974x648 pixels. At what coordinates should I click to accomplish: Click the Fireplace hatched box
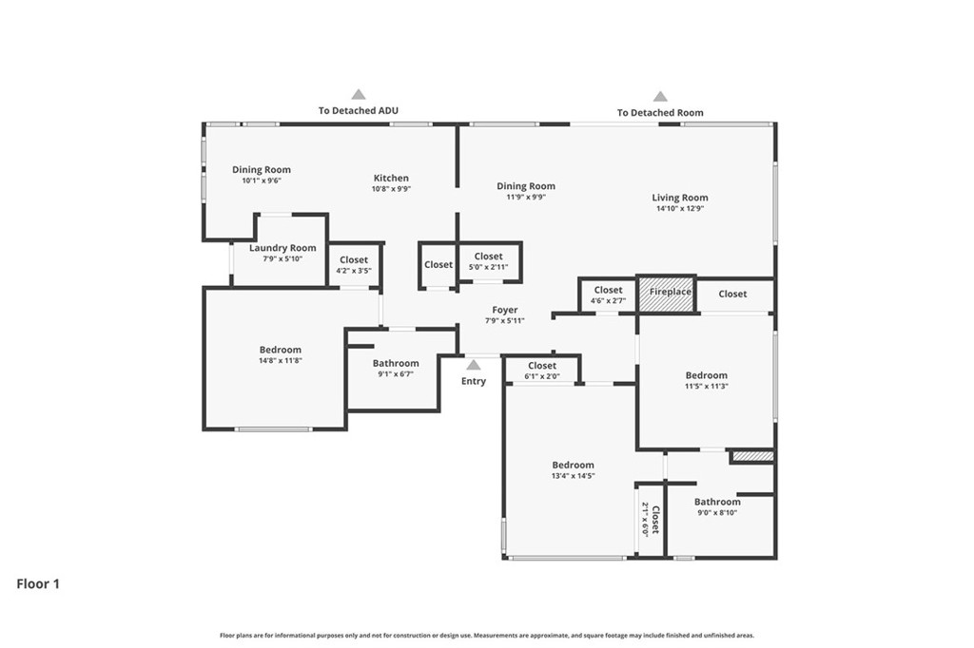[x=666, y=295]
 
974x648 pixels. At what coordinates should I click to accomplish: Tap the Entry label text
[x=474, y=381]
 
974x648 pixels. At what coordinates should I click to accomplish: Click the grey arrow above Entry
[x=474, y=365]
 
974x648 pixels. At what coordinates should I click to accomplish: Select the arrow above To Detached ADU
[x=359, y=94]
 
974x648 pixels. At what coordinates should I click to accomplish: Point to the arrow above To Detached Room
[x=660, y=96]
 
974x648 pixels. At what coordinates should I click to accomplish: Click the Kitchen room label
[x=391, y=178]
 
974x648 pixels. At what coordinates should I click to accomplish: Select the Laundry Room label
[x=282, y=248]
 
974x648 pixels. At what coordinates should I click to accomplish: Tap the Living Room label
[x=680, y=198]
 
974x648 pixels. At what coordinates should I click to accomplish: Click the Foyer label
[x=505, y=310]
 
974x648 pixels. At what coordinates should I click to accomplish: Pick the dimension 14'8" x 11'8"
[x=281, y=361]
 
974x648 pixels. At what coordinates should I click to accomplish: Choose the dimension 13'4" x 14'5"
[x=574, y=476]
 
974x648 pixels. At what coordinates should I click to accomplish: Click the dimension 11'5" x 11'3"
[x=707, y=386]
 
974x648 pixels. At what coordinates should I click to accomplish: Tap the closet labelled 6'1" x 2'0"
[x=542, y=371]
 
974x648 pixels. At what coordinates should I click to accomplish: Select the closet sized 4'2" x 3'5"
[x=354, y=264]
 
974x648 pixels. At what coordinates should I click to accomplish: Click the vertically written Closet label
[x=654, y=519]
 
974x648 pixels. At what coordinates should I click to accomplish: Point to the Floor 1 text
[x=38, y=583]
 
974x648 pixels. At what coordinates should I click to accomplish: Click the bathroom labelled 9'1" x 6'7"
[x=396, y=368]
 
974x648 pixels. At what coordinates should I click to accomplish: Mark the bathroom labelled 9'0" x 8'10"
[x=717, y=506]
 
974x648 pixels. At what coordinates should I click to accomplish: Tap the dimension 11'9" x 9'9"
[x=526, y=198]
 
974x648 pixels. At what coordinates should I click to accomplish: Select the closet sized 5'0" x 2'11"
[x=488, y=261]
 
